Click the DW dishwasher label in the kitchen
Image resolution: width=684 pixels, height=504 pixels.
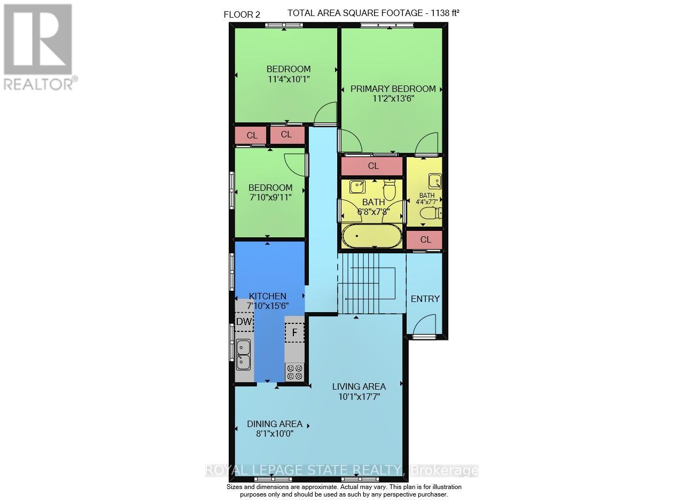[x=244, y=321]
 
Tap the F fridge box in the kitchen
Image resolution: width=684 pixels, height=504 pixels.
[x=294, y=332]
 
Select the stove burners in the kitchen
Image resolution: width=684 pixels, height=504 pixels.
[x=294, y=372]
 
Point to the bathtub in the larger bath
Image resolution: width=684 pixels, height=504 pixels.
[x=371, y=236]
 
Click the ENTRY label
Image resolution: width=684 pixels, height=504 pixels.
[x=425, y=299]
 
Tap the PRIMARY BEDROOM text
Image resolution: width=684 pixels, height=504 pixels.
[x=393, y=89]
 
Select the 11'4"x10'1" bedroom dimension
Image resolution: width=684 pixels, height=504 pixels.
[x=288, y=79]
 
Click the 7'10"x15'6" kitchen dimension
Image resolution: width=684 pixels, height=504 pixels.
[x=267, y=306]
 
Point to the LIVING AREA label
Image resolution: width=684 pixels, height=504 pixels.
[x=359, y=386]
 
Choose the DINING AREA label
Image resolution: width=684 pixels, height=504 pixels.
[x=274, y=424]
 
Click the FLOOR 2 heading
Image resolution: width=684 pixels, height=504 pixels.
[x=242, y=14]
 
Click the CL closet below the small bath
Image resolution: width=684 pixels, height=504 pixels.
[x=425, y=239]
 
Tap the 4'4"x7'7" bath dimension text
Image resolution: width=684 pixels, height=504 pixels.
[x=426, y=202]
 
